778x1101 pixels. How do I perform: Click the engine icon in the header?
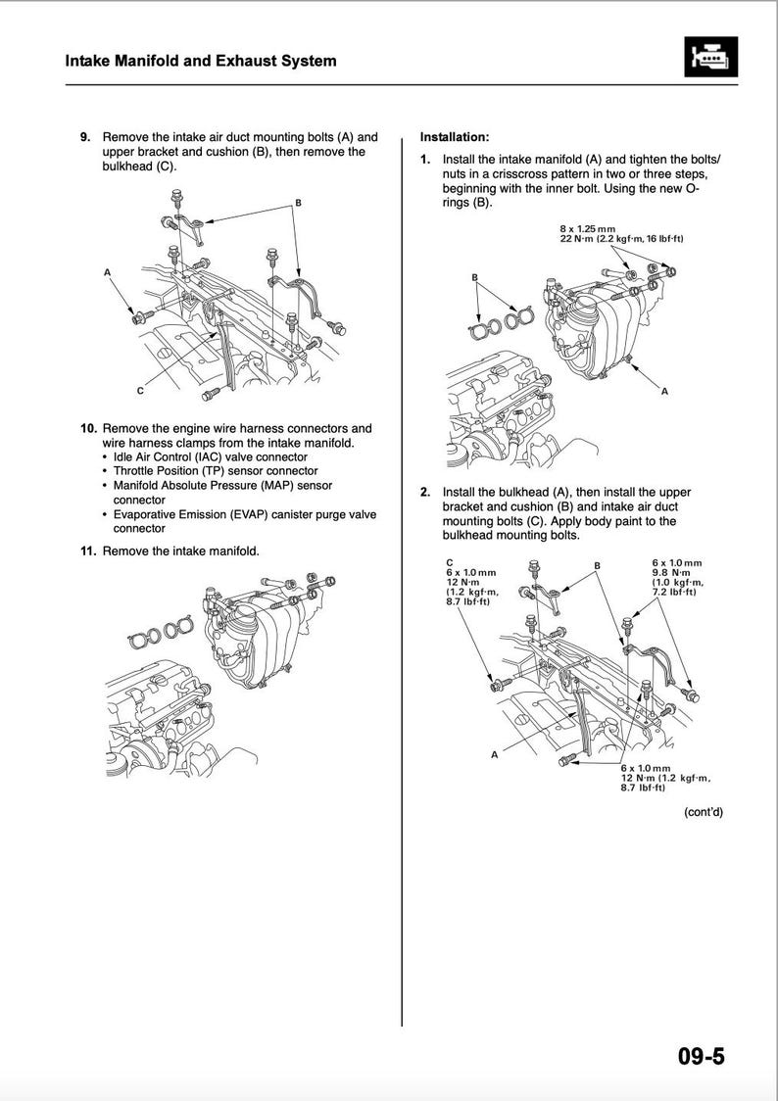click(x=708, y=60)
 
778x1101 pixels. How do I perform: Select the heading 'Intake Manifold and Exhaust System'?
click(x=201, y=61)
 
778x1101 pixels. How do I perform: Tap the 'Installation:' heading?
click(x=455, y=137)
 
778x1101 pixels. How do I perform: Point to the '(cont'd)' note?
click(x=703, y=811)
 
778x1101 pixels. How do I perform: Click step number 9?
click(x=86, y=137)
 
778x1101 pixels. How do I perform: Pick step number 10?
click(x=87, y=428)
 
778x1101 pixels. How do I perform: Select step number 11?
click(x=87, y=551)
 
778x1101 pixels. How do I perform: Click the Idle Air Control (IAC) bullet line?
click(x=210, y=456)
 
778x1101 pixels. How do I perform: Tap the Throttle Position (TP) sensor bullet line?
click(x=216, y=471)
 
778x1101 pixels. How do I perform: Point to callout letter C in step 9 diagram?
click(x=140, y=391)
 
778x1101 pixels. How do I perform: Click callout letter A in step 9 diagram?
click(x=107, y=271)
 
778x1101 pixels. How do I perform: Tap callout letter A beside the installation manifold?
click(x=664, y=392)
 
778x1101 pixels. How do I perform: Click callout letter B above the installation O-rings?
click(x=474, y=277)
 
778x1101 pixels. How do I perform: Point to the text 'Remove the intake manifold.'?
click(x=181, y=551)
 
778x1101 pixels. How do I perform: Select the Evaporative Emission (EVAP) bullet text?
click(x=244, y=521)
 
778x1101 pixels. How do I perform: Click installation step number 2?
click(x=425, y=492)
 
